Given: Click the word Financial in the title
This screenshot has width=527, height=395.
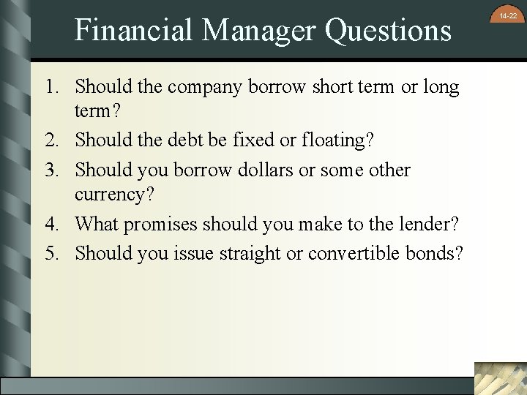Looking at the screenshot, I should click(134, 30).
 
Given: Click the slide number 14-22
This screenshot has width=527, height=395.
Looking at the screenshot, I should click(508, 15).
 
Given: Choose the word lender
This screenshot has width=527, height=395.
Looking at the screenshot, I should click(430, 222).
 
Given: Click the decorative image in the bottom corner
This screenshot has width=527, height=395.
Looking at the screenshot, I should click(500, 378).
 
